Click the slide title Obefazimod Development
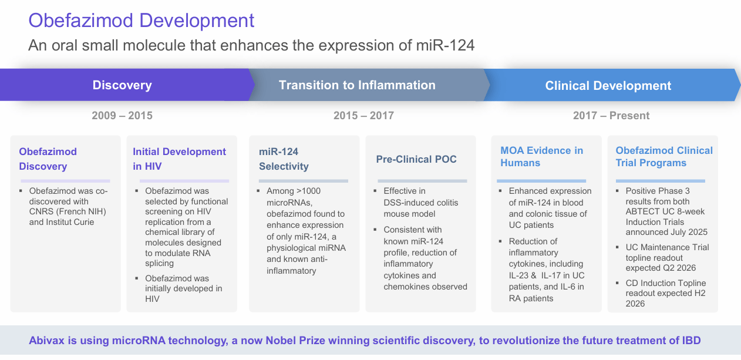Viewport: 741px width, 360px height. pyautogui.click(x=142, y=21)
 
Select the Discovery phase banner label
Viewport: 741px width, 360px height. pyautogui.click(x=122, y=85)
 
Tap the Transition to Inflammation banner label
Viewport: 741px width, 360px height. pyautogui.click(x=357, y=85)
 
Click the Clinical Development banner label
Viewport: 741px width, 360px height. pyautogui.click(x=608, y=86)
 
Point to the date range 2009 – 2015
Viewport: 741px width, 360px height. pyautogui.click(x=122, y=116)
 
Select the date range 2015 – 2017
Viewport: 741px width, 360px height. pyautogui.click(x=363, y=116)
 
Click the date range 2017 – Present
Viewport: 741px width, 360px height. pyautogui.click(x=611, y=116)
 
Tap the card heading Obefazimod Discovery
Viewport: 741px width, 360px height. pyautogui.click(x=48, y=159)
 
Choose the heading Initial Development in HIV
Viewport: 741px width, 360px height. pyautogui.click(x=179, y=159)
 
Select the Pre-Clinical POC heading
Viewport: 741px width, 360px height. pyautogui.click(x=416, y=159)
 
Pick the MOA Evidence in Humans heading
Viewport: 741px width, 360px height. pyautogui.click(x=541, y=157)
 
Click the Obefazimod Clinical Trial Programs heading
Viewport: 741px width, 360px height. pyautogui.click(x=663, y=157)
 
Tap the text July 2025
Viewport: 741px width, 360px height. pyautogui.click(x=689, y=232)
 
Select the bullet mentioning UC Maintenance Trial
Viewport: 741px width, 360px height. pyautogui.click(x=666, y=257)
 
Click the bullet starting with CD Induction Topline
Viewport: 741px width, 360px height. pyautogui.click(x=665, y=293)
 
